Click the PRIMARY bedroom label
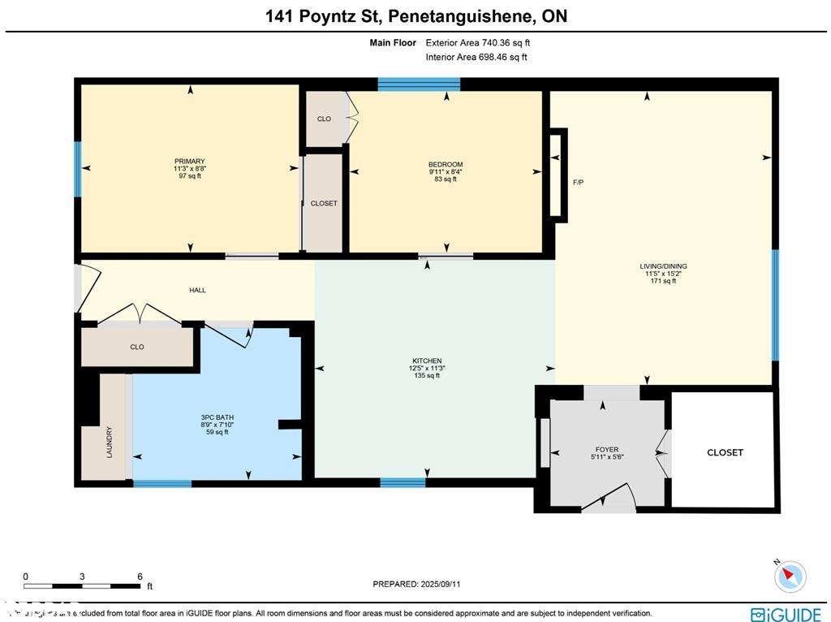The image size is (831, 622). [189, 162]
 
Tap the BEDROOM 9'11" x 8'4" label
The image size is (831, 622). [446, 165]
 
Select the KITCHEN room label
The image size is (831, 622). [426, 361]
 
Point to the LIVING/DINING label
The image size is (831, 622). [662, 266]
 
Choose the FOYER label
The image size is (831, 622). [607, 449]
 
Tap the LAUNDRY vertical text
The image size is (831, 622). [109, 443]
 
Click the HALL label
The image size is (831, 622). [197, 290]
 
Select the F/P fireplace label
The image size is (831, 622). [578, 183]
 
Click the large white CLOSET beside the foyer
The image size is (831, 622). [725, 452]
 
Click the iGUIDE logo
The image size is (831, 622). [785, 615]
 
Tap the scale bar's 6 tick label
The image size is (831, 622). [140, 576]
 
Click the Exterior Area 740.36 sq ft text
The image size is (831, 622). [477, 43]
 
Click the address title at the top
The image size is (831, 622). [415, 16]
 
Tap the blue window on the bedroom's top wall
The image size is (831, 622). [419, 84]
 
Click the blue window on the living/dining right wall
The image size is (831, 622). [775, 305]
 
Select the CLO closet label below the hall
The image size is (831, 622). [137, 347]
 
